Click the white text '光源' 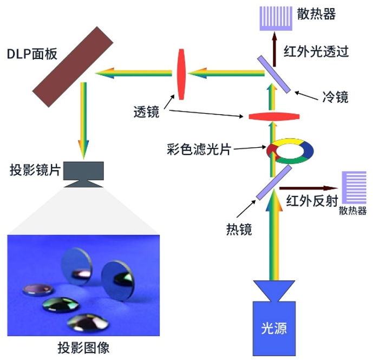point(274,328)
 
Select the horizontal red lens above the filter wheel point(273,117)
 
